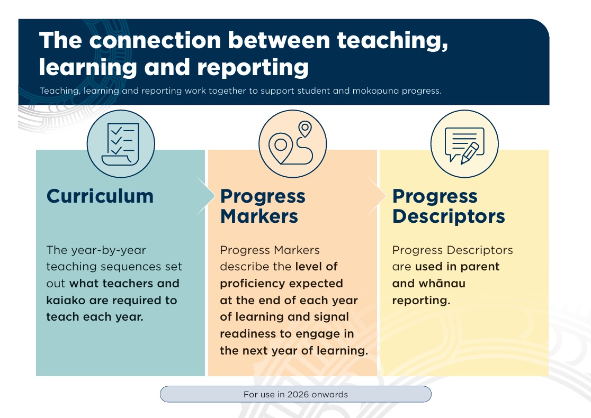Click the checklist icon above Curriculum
click(121, 143)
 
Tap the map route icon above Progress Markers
click(292, 143)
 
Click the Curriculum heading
click(100, 196)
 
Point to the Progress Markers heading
click(263, 206)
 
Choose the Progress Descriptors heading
click(448, 206)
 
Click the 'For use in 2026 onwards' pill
click(295, 394)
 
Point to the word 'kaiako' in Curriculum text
click(65, 300)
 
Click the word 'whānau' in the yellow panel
click(428, 283)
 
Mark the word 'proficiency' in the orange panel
click(251, 283)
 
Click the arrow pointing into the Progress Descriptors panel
click(375, 196)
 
